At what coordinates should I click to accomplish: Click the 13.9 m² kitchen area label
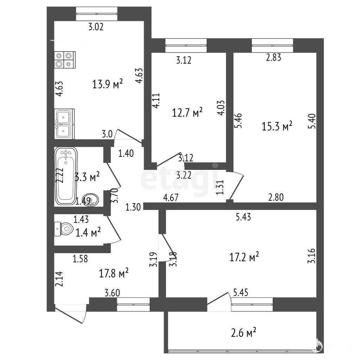(108, 84)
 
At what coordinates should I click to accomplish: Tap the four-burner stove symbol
(65, 60)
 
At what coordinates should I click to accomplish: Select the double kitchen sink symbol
(64, 124)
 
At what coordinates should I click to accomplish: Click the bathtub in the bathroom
(66, 176)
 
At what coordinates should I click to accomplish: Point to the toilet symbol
(64, 229)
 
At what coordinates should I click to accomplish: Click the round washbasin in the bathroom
(91, 200)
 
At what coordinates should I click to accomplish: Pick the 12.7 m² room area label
(187, 112)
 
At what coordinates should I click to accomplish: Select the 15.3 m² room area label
(277, 126)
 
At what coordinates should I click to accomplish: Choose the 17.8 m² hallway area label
(114, 273)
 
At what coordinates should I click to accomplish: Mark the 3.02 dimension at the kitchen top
(96, 27)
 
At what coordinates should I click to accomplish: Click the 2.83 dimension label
(274, 57)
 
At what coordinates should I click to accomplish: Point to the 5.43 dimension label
(243, 217)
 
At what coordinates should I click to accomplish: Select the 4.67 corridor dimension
(171, 198)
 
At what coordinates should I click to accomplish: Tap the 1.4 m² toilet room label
(88, 233)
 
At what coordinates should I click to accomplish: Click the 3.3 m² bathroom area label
(87, 177)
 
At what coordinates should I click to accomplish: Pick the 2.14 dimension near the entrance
(59, 279)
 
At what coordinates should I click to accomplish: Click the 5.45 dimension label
(240, 293)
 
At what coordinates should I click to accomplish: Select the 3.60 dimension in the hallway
(112, 293)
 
